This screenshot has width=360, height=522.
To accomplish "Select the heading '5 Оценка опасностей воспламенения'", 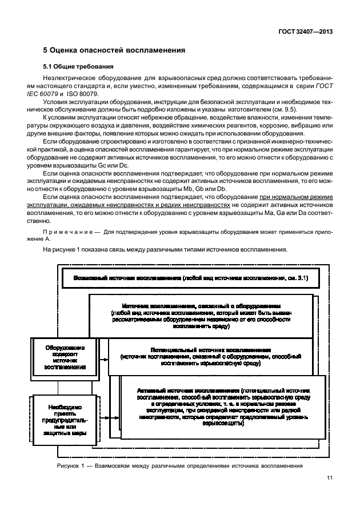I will (114, 50).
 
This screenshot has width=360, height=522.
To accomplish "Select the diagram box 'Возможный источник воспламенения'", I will (126, 278).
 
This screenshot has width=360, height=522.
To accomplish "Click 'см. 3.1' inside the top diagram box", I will (298, 278).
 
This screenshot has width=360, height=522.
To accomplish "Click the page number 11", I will (329, 495).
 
